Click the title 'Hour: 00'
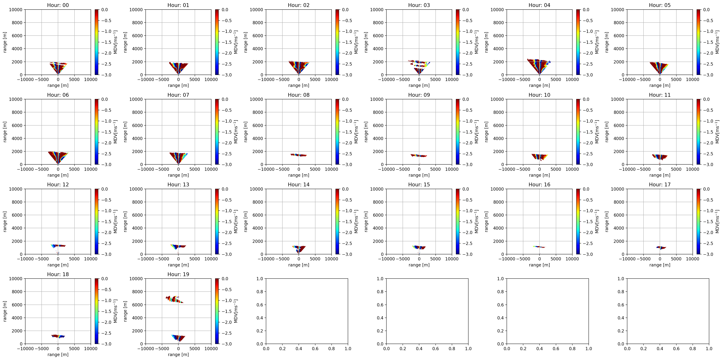58,5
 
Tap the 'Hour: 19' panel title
178,274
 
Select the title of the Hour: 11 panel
660,95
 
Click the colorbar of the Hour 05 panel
698,42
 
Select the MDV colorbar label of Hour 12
115,221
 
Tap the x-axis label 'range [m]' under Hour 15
419,265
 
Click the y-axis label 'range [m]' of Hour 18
5,311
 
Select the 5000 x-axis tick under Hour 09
435,169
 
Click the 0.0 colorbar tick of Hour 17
706,189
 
